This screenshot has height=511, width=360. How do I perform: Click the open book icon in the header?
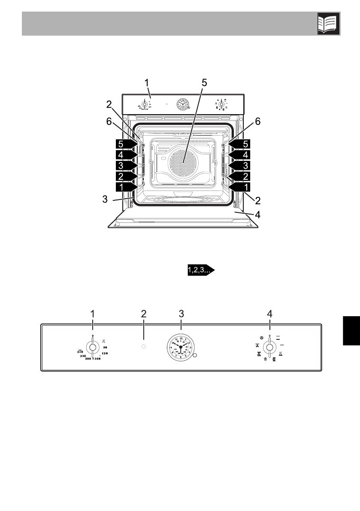point(328,24)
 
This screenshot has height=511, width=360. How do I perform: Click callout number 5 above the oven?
point(204,83)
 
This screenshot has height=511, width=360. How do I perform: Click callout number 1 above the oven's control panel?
point(147,82)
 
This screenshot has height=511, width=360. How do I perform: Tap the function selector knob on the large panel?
point(269,347)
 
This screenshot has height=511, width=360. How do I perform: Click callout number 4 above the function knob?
point(269,314)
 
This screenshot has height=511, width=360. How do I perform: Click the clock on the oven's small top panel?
point(183,104)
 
